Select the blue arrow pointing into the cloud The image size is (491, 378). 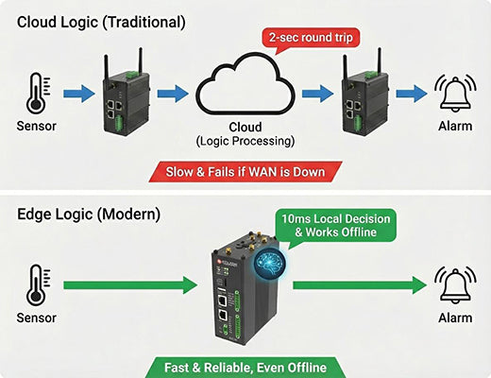[173, 94]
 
